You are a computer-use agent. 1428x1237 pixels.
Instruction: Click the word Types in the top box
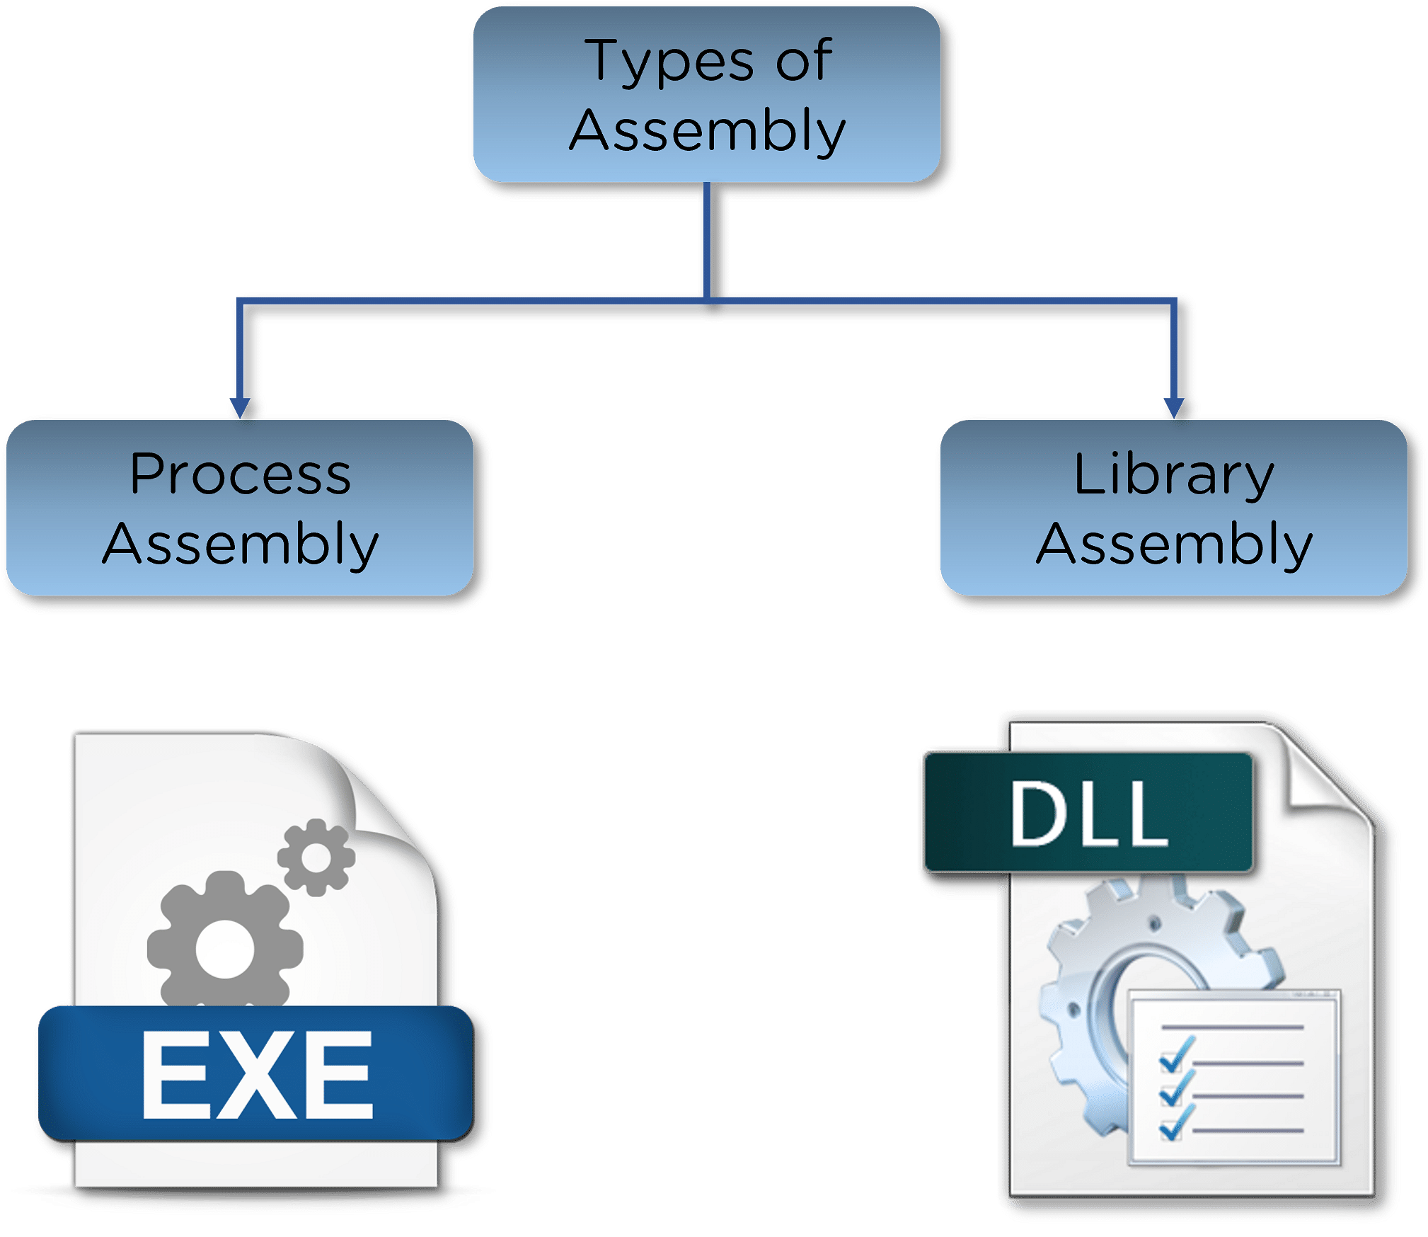[669, 62]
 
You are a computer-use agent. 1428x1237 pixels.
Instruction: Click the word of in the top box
[804, 59]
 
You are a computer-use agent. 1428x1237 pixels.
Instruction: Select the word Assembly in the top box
[708, 132]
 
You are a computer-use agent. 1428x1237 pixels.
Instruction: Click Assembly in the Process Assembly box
[241, 545]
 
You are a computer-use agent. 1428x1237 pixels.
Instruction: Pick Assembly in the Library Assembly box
[1175, 545]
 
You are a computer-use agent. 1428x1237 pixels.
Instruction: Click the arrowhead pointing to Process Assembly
[240, 407]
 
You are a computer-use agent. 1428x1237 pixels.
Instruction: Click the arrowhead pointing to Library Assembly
[1174, 407]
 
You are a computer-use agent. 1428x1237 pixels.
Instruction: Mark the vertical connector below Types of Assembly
[707, 241]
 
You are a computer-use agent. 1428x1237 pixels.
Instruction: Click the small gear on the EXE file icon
[316, 857]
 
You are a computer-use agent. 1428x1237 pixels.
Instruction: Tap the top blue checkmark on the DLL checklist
[1176, 1054]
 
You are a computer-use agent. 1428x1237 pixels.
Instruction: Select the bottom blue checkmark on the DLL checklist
[1176, 1122]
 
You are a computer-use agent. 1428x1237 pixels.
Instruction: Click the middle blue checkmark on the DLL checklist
[1176, 1088]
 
